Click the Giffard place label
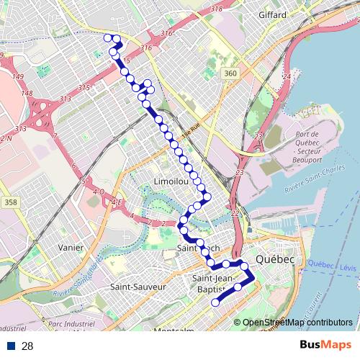point(272,14)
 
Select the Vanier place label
point(71,247)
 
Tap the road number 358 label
point(10,203)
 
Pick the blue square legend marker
point(12,346)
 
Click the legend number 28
point(27,346)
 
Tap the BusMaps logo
point(326,346)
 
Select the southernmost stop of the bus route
point(215,303)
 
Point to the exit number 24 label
point(287,76)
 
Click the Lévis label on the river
point(348,267)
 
